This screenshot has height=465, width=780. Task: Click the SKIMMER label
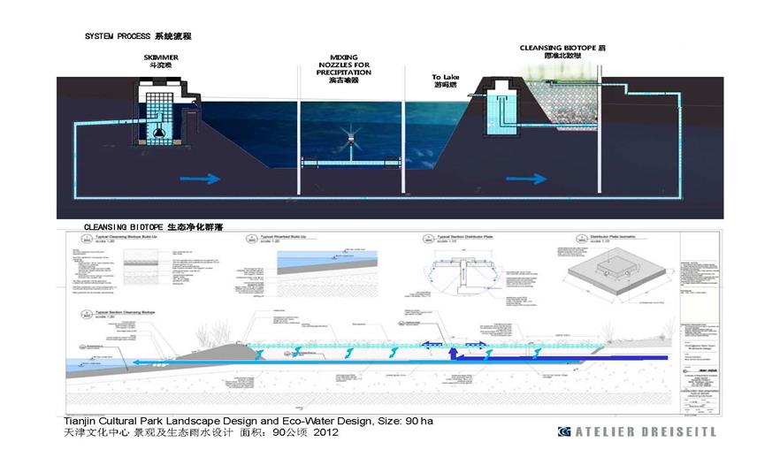pyautogui.click(x=160, y=57)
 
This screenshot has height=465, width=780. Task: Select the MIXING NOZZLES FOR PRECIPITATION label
pyautogui.click(x=343, y=65)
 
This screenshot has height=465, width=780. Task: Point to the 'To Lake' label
pyautogui.click(x=446, y=78)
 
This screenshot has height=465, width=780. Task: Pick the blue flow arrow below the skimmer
pyautogui.click(x=199, y=178)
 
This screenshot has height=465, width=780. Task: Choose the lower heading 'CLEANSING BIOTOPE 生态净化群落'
pyautogui.click(x=153, y=227)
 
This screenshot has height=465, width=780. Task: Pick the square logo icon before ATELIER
pyautogui.click(x=564, y=431)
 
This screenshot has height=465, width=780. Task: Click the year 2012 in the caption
pyautogui.click(x=323, y=433)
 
